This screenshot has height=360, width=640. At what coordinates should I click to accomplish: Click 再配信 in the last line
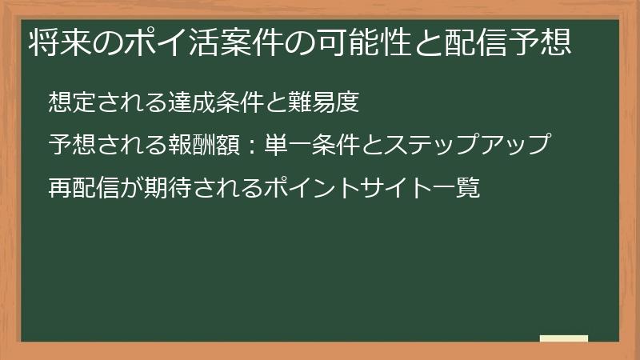click(x=80, y=190)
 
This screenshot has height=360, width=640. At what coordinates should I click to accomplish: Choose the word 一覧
click(x=458, y=190)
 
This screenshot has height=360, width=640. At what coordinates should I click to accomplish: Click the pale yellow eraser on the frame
click(x=564, y=338)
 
